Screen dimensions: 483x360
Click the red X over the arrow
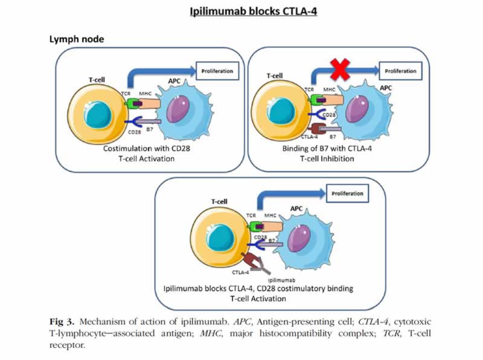click(x=340, y=69)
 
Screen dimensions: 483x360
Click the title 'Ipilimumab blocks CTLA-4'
click(x=253, y=11)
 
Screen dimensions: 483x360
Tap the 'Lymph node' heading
click(x=77, y=39)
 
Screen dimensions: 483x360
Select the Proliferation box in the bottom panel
click(x=347, y=193)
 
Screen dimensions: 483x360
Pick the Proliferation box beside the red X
click(x=400, y=71)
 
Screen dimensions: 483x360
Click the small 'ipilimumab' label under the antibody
click(x=281, y=280)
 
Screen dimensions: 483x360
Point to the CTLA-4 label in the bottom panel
click(x=240, y=272)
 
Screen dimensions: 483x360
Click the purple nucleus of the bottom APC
click(x=298, y=238)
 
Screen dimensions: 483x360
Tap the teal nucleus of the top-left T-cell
click(x=98, y=115)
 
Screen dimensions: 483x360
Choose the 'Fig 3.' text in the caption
click(x=62, y=322)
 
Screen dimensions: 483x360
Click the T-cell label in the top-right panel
click(x=275, y=76)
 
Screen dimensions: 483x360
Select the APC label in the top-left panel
click(x=174, y=81)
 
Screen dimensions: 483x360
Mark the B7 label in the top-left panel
click(x=150, y=129)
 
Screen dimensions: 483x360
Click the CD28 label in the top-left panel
click(x=134, y=132)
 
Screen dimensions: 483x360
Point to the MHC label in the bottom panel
click(x=270, y=215)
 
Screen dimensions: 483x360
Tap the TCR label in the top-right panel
click(x=309, y=89)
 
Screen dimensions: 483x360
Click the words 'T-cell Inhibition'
click(x=327, y=159)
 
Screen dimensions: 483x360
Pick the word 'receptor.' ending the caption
click(x=67, y=346)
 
